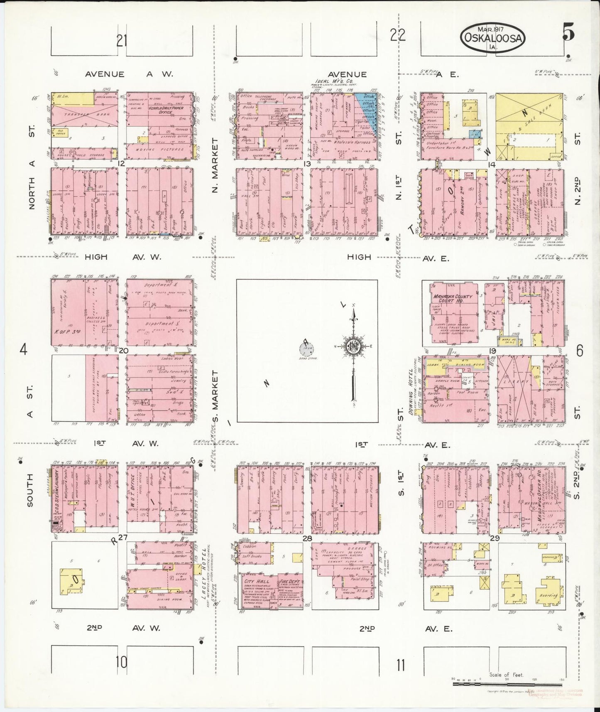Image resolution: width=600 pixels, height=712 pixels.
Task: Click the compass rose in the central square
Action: [353, 346]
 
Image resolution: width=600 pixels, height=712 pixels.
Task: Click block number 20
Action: [123, 350]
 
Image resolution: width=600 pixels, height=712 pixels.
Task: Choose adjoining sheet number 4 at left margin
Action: [23, 350]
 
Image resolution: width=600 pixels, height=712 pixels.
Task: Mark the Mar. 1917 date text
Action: [492, 29]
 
